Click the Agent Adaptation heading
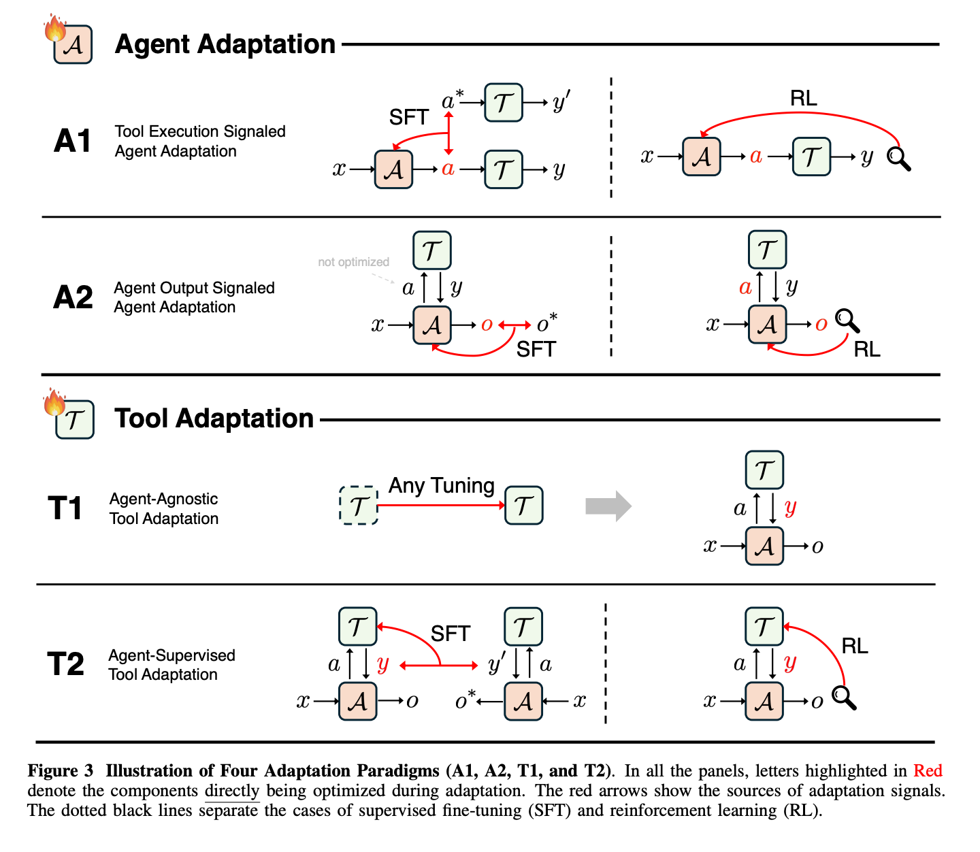click(225, 44)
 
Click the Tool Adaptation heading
click(214, 419)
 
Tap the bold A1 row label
click(72, 141)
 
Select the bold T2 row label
click(65, 664)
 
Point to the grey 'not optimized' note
click(353, 262)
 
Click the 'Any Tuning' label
click(441, 486)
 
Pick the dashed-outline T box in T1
click(359, 506)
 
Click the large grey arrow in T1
click(608, 506)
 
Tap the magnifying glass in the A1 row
click(898, 159)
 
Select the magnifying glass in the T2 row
click(844, 698)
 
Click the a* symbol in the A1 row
click(452, 101)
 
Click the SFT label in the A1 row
click(408, 118)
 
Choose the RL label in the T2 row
click(855, 646)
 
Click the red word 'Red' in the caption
click(928, 771)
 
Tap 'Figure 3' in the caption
click(60, 771)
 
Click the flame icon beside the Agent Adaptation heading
click(54, 29)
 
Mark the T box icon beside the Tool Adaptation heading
click(75, 420)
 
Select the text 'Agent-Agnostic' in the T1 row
click(163, 499)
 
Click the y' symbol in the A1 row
click(561, 102)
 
